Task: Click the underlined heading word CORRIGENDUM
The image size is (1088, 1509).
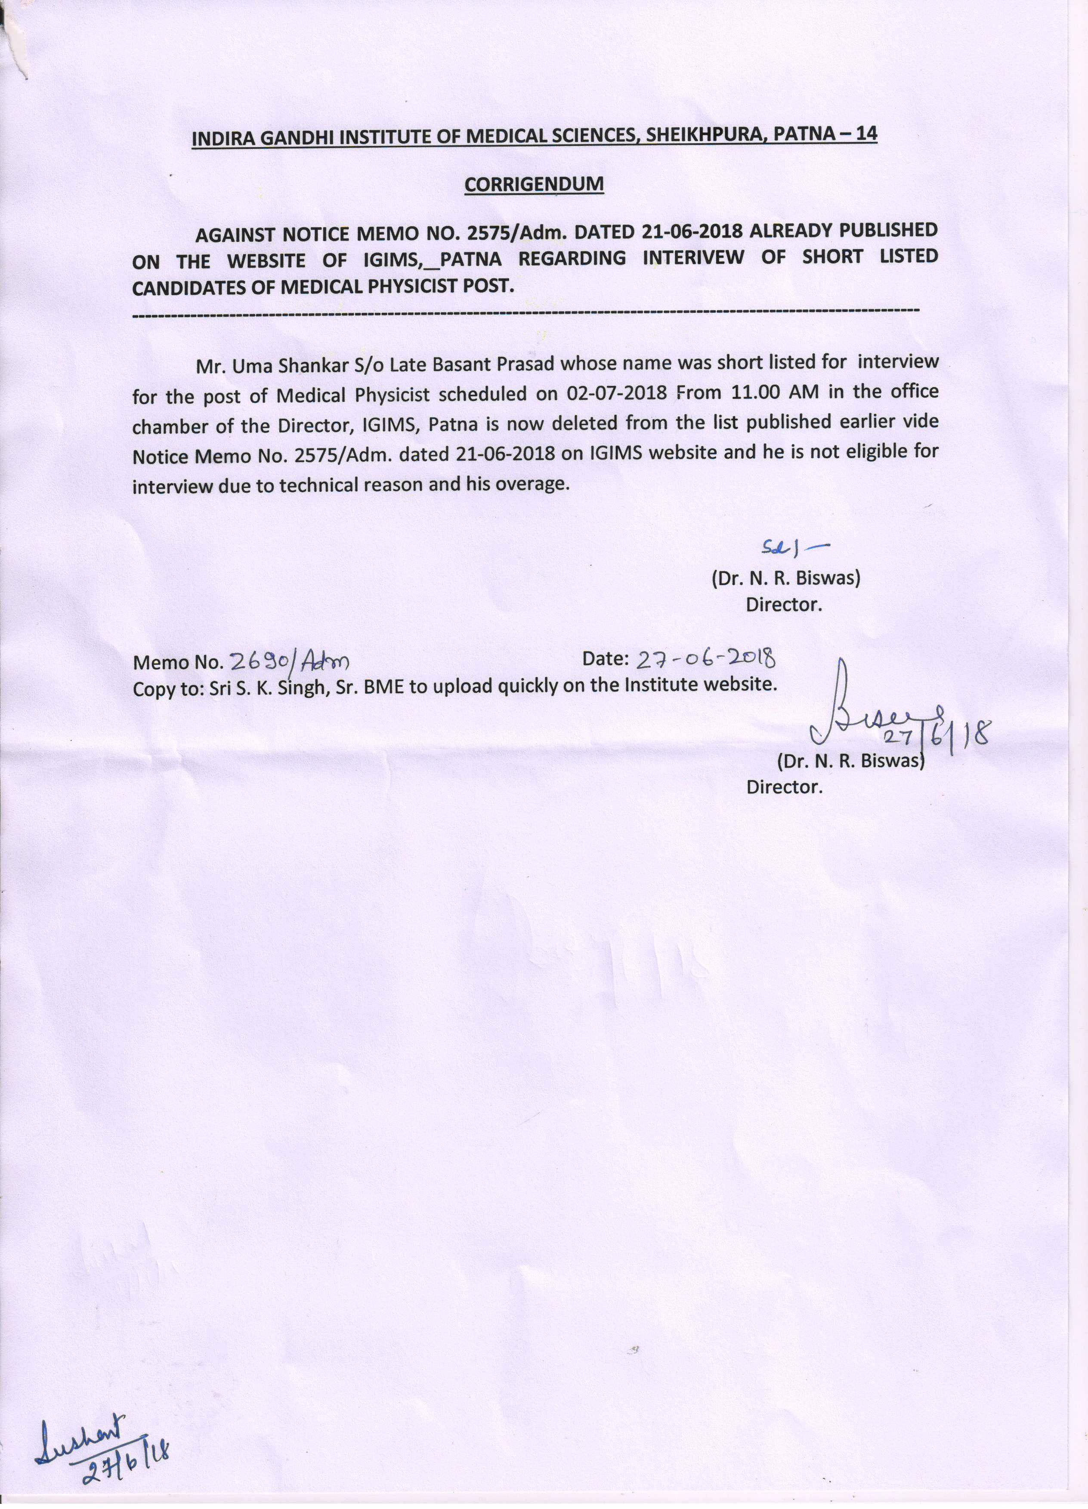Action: click(534, 184)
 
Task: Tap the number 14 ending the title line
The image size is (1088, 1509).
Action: click(866, 133)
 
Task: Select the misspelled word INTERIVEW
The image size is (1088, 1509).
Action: click(693, 257)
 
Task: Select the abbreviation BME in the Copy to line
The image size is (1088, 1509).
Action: click(385, 685)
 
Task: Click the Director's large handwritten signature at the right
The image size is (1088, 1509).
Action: click(859, 719)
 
